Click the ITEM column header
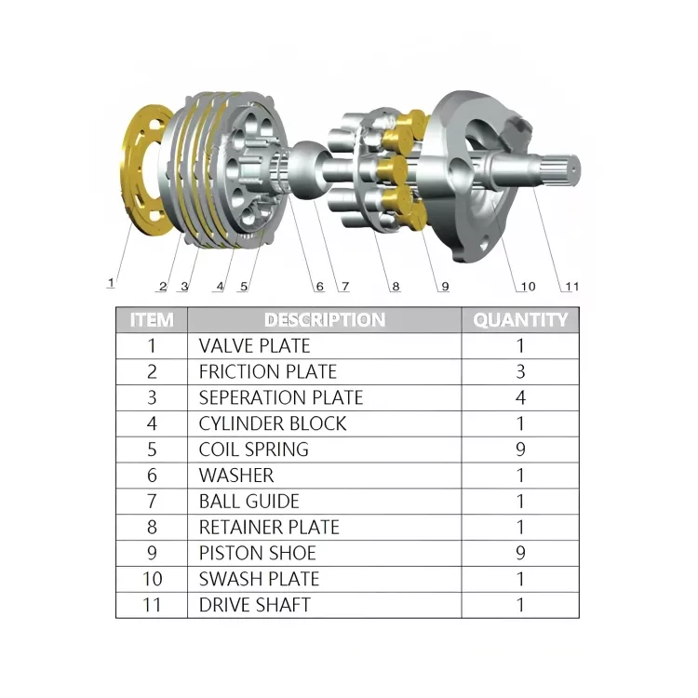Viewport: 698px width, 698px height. click(x=152, y=320)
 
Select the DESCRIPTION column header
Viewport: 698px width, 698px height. click(x=324, y=320)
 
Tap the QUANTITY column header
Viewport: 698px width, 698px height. click(x=520, y=320)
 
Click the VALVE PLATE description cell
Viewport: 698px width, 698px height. click(x=254, y=346)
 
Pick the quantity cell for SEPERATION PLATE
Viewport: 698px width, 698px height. click(x=520, y=397)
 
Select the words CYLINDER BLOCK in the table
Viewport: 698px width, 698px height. click(x=272, y=423)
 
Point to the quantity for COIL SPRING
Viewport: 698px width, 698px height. click(x=520, y=450)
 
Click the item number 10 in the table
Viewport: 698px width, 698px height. click(x=152, y=579)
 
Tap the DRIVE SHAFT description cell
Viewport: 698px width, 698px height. click(x=254, y=605)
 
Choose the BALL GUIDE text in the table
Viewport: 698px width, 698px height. click(x=248, y=502)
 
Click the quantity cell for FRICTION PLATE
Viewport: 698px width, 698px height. click(x=520, y=372)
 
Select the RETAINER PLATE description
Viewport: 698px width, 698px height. click(x=269, y=528)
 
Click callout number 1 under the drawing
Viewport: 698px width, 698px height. click(x=111, y=281)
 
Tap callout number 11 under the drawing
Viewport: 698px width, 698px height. click(x=571, y=286)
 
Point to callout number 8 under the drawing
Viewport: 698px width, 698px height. click(x=396, y=287)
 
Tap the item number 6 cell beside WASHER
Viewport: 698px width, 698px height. click(x=152, y=476)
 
